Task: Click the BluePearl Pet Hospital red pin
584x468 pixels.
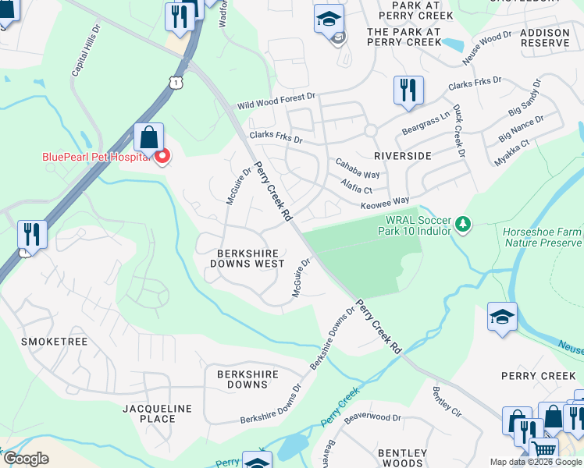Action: point(162,157)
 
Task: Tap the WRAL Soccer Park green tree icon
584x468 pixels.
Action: point(464,224)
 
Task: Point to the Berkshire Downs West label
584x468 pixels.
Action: point(247,258)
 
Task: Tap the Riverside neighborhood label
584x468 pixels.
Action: point(402,156)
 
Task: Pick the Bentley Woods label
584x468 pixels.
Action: point(402,458)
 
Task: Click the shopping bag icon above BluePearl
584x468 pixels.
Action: point(148,137)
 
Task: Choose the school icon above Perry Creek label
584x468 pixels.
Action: point(503,317)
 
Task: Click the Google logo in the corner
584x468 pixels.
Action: point(26,459)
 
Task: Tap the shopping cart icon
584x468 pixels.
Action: point(543,448)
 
